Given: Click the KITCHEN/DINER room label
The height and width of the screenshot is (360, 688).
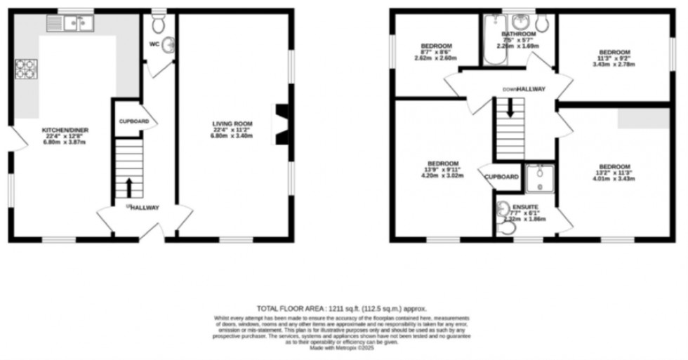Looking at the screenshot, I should coord(65,130).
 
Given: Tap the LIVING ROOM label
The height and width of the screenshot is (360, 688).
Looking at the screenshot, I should coord(232,124).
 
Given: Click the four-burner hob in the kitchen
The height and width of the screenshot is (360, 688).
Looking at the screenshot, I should coord(27,69).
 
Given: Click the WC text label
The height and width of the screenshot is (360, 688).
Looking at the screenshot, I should coord(154,44).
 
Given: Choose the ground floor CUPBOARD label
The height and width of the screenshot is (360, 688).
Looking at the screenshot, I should coord(133,121).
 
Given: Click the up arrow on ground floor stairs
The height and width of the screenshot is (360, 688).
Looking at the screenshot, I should coord(129,186).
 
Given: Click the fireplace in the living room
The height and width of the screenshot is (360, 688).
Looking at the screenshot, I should coord(280,124).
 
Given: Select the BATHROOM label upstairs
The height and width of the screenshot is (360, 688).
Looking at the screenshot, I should coord(518,34).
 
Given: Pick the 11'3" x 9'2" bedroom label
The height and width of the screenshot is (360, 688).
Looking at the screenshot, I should coord(614,52).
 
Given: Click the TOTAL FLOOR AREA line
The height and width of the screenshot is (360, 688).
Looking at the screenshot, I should coord(342,308).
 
